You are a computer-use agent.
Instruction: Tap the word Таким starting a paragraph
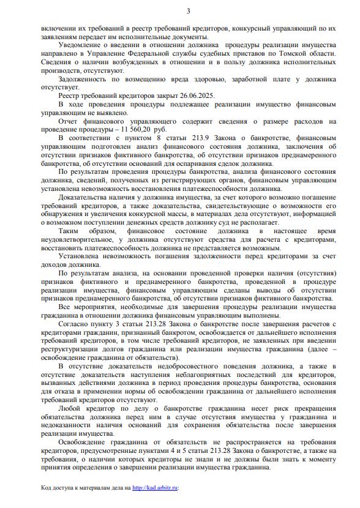point(71,232)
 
